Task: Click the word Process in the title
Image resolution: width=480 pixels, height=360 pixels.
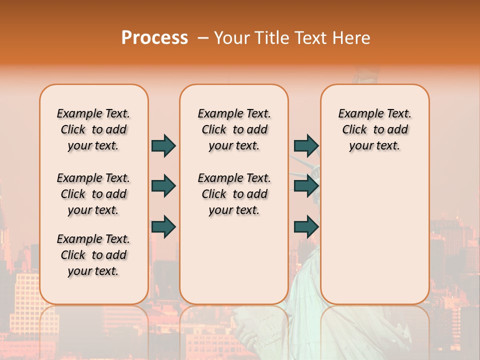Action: pos(154,38)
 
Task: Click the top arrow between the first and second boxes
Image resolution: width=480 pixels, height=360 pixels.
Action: pos(163,145)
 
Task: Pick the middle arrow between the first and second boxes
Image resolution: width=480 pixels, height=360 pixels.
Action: pos(163,186)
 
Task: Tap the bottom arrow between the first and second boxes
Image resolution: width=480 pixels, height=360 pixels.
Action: pos(163,227)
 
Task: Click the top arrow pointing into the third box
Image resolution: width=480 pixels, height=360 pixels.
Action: pos(306,145)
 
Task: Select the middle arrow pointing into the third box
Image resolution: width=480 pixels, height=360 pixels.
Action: pos(306,186)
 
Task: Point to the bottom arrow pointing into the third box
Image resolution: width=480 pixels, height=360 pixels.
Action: pos(306,227)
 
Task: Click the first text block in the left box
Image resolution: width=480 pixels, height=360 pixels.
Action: pos(93,129)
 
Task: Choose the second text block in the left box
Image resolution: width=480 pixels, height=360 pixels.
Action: pos(93,194)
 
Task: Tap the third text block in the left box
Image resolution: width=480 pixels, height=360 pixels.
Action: pos(93,255)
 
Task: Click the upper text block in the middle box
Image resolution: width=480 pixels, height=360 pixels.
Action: pos(234,129)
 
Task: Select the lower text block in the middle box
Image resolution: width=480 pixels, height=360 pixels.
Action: pos(234,194)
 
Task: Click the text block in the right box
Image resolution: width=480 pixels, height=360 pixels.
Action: pos(375,129)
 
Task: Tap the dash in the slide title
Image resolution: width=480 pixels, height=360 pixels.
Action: pos(203,38)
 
